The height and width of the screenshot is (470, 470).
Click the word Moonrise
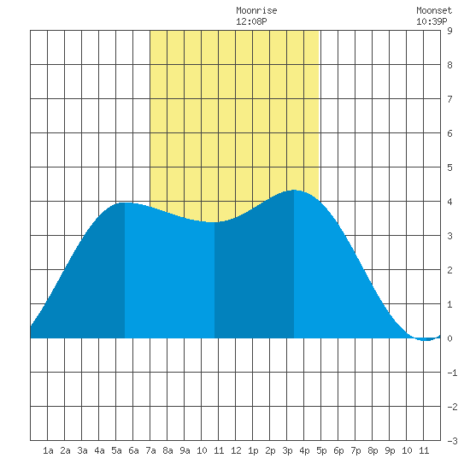point(256,11)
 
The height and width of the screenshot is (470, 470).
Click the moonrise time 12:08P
point(251,21)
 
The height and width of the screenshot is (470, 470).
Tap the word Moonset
point(434,11)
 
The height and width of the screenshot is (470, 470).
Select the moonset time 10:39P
point(432,21)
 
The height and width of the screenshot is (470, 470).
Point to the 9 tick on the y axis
point(449,31)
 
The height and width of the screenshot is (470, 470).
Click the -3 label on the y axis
point(452,441)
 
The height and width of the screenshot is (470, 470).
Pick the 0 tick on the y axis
point(449,338)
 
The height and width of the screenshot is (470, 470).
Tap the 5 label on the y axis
point(449,167)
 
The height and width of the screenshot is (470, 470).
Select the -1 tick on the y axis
point(452,373)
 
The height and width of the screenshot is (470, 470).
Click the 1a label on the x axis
point(48,450)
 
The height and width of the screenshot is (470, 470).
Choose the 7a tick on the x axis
point(150,450)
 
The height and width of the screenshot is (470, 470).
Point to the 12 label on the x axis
point(236,450)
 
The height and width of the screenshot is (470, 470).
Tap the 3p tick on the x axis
point(287,450)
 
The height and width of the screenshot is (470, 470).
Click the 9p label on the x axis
point(390,450)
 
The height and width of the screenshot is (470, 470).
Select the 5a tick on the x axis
point(116,450)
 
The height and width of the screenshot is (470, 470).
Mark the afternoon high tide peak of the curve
point(294,190)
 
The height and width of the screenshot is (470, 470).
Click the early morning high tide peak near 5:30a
point(125,203)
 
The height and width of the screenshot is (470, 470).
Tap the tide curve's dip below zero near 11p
point(426,340)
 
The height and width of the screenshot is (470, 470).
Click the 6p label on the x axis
point(338,450)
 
